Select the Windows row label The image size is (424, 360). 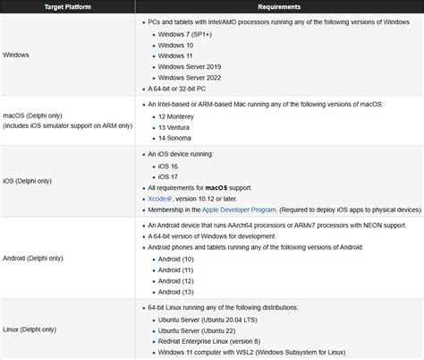coord(18,54)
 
